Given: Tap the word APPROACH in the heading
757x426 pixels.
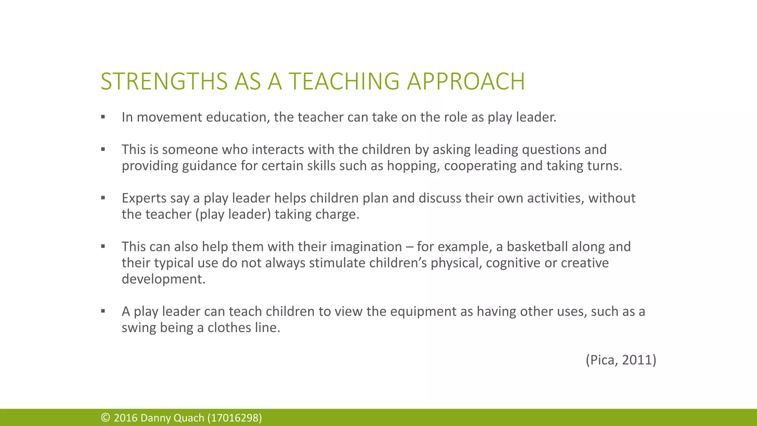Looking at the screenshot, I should coord(466,81).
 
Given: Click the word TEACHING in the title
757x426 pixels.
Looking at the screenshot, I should coord(344,81).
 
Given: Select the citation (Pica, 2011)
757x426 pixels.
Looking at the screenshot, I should coord(621,360).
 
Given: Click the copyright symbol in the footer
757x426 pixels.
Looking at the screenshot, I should coord(105,418).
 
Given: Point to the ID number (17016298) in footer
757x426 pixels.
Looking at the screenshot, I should coord(235,418).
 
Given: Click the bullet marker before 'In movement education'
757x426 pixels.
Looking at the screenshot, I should coord(103,117).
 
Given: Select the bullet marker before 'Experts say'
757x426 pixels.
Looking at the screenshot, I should coord(103,198).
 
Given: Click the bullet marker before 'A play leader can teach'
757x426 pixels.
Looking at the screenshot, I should coord(103,311).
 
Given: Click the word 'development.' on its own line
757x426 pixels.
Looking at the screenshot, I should coord(163,279).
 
